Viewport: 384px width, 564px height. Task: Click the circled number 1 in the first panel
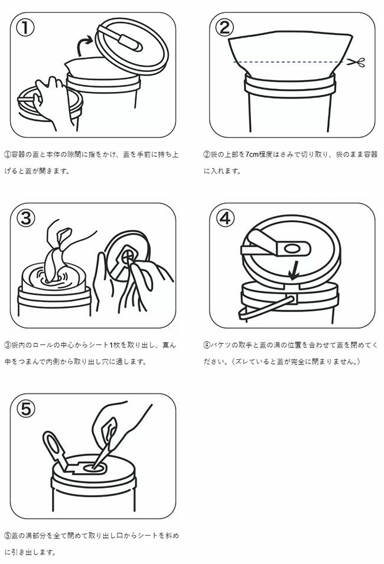25,28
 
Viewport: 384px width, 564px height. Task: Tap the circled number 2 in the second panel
224,28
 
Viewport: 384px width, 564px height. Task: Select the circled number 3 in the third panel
25,218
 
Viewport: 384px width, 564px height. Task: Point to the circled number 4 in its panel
224,218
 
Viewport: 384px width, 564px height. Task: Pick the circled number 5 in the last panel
26,409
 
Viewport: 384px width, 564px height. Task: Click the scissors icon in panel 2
356,63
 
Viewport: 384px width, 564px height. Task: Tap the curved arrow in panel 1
84,45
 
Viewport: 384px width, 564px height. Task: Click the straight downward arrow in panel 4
295,270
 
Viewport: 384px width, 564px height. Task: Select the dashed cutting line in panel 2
288,62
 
